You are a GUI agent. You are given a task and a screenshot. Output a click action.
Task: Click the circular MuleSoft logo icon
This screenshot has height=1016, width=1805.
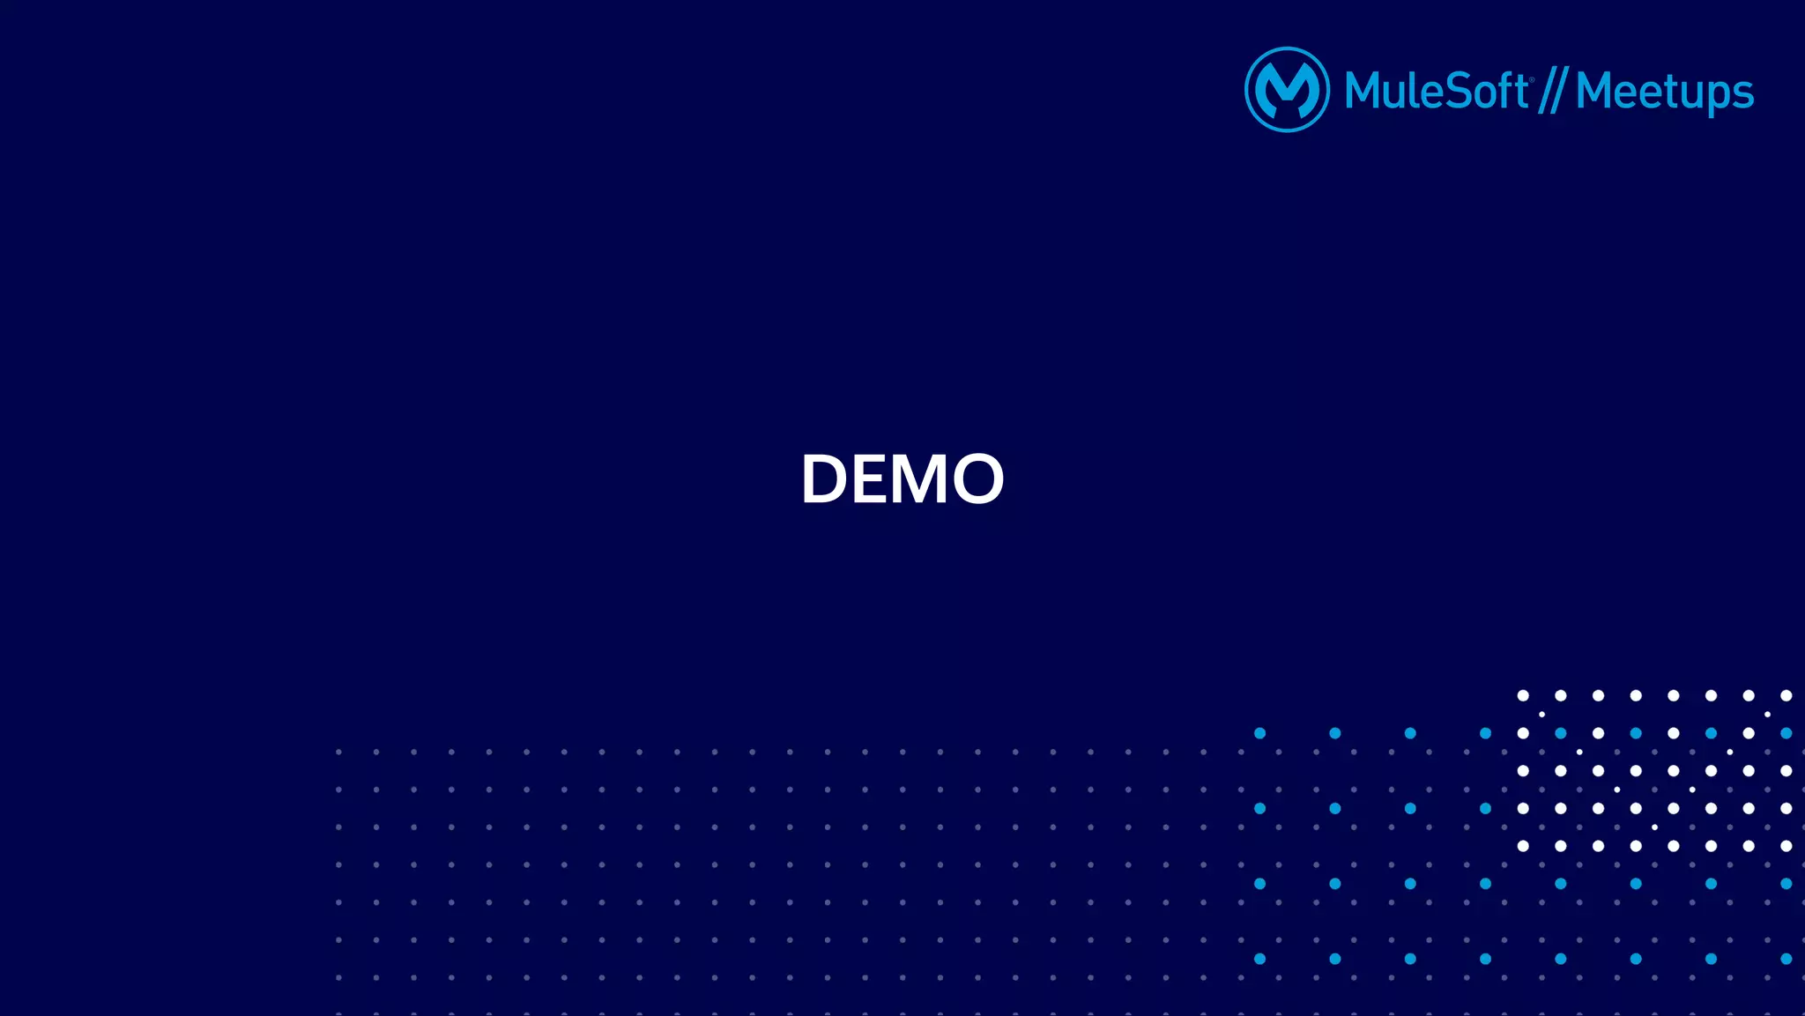pos(1287,90)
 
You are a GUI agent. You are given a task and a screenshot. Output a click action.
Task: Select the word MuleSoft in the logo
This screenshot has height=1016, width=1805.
pos(1437,91)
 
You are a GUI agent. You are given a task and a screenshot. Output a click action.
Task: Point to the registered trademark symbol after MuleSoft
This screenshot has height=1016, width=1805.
pos(1532,80)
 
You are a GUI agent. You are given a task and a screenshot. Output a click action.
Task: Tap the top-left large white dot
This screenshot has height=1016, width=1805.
pos(1523,696)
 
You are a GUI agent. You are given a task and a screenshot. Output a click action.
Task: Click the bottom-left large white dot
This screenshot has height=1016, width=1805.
pos(1523,846)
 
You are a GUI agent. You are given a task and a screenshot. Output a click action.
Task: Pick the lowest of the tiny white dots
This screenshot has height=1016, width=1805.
pos(1654,827)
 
